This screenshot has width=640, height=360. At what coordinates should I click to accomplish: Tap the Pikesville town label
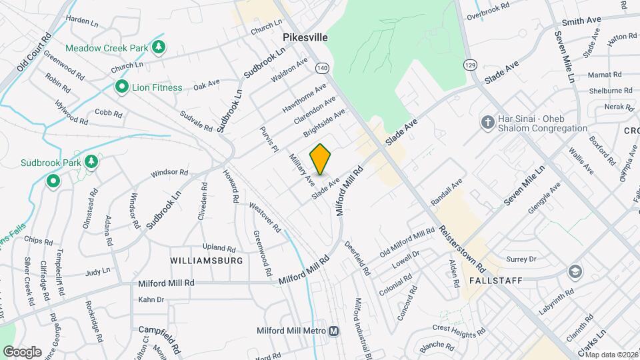305,38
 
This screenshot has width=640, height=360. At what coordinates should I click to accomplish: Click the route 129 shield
471,65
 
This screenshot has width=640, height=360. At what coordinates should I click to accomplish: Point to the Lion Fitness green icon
121,87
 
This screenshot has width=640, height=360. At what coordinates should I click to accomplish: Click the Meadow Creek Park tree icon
159,48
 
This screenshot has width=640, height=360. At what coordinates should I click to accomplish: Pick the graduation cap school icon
574,272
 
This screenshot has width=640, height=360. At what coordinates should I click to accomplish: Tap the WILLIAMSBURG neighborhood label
207,261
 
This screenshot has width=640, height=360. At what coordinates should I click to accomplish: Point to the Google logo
22,351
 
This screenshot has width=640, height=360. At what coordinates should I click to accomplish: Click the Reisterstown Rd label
462,247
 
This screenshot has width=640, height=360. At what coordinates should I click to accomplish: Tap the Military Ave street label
301,169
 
